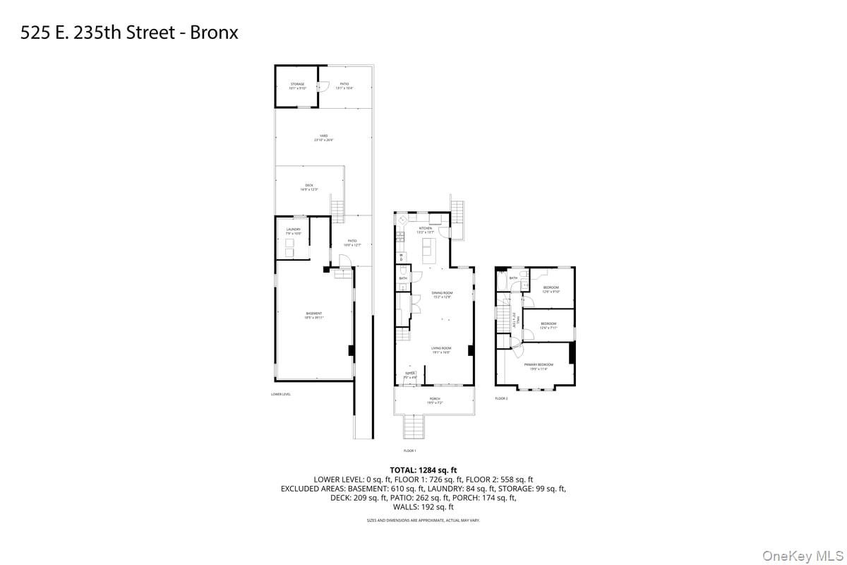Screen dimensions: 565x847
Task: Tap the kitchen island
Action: coord(428,249)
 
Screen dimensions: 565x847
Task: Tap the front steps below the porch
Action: coord(411,427)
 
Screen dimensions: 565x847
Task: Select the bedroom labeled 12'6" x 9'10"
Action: coord(551,289)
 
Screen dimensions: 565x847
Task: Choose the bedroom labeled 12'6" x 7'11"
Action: coord(548,326)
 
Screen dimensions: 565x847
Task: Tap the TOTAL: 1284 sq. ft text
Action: coord(423,470)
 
